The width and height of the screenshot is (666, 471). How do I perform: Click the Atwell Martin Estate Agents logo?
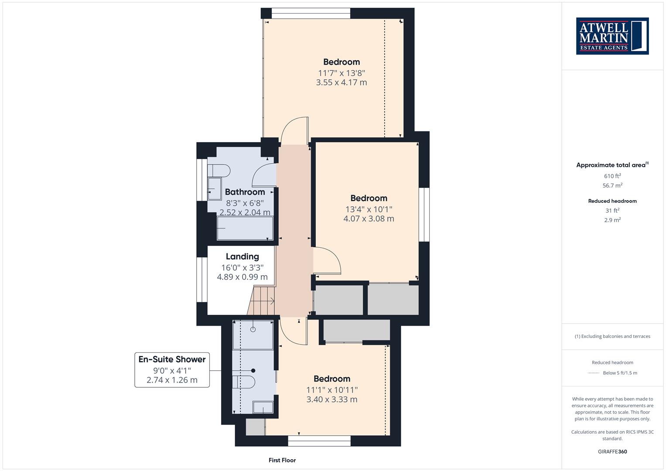point(612,36)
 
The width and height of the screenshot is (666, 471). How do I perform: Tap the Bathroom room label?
point(245,192)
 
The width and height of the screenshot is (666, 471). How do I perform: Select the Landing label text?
point(242,256)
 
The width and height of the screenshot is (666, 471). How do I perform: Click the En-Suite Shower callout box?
point(172,370)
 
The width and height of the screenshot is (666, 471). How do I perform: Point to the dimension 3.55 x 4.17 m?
point(342,82)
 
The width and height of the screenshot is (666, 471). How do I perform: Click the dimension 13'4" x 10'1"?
point(369,209)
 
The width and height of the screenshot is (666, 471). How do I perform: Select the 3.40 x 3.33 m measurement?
point(332,399)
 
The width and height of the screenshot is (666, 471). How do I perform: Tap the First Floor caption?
point(282,460)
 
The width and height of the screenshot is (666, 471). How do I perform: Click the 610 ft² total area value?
point(612,176)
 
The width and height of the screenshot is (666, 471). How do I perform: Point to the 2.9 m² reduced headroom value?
point(612,220)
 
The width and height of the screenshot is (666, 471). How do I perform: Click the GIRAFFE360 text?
point(612,451)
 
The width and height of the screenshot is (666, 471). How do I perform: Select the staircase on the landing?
point(261,300)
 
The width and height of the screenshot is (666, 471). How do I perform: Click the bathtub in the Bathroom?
point(245,228)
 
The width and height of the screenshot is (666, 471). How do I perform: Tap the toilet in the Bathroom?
point(219,171)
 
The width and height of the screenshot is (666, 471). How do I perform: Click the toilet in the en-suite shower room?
point(243,382)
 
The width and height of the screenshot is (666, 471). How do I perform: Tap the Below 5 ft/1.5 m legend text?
point(620,373)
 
